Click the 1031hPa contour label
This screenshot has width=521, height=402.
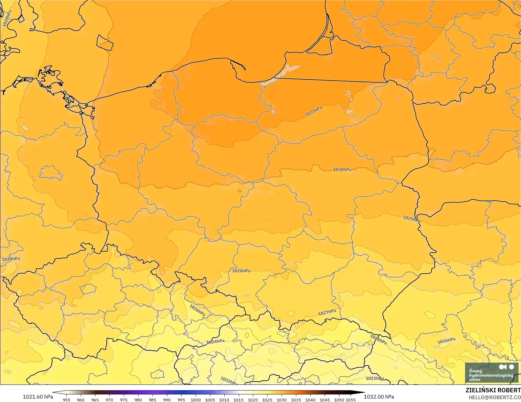(x=313, y=112)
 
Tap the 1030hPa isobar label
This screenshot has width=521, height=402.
(x=342, y=170)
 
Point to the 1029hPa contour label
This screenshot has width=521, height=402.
(x=411, y=219)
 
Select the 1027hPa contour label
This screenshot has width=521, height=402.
(x=327, y=312)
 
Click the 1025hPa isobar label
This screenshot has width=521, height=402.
(x=378, y=340)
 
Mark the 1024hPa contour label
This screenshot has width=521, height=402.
(x=216, y=342)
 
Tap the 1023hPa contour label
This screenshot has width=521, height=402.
(x=375, y=378)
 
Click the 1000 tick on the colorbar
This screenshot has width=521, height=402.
(x=195, y=400)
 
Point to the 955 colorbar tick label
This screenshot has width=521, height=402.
(x=67, y=400)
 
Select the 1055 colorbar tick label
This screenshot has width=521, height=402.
(x=351, y=400)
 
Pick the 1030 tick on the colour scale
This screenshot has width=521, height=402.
(x=282, y=400)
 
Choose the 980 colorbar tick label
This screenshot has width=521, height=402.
(x=138, y=400)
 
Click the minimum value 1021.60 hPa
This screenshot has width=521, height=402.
(x=38, y=397)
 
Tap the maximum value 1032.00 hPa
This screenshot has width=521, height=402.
(x=379, y=397)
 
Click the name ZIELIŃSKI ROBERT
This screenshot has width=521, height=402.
(x=493, y=390)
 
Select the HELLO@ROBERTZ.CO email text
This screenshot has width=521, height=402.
(x=494, y=397)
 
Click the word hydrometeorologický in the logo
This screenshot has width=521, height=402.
(x=491, y=375)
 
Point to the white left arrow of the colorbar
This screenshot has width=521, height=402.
(x=56, y=392)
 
